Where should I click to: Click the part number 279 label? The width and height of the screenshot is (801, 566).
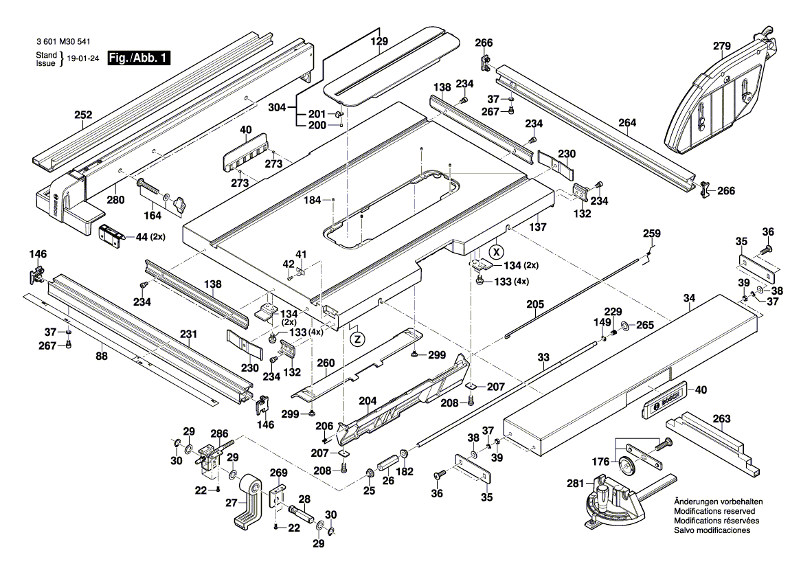[x=721, y=47]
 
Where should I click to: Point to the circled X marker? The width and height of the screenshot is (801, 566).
[x=498, y=250]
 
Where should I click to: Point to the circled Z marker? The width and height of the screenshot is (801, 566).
[x=357, y=339]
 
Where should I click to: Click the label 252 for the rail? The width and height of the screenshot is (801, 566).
[x=82, y=115]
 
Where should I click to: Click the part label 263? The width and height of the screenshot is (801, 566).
[x=721, y=418]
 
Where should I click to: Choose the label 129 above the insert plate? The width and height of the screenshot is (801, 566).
[x=380, y=41]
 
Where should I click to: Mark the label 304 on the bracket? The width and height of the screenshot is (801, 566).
[x=278, y=109]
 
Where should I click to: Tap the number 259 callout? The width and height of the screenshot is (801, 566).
[x=652, y=234]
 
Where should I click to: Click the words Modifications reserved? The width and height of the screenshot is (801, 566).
[x=714, y=512]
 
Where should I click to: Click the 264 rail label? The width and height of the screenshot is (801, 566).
[x=627, y=123]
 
